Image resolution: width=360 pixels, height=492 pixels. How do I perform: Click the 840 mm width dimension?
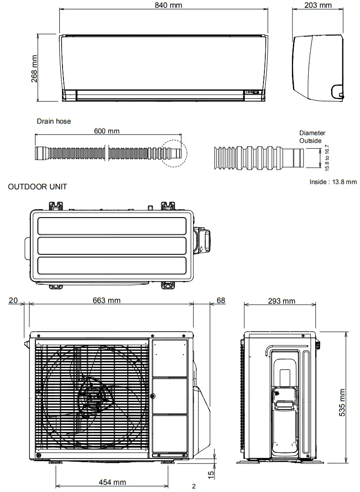(169, 5)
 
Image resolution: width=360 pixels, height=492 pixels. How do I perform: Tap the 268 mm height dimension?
(35, 69)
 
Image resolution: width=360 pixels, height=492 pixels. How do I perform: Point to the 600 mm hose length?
(107, 131)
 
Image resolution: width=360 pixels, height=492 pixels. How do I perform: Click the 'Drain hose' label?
(54, 121)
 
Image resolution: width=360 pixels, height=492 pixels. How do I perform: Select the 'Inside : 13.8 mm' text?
(333, 182)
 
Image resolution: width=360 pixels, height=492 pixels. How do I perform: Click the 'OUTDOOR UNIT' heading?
(38, 187)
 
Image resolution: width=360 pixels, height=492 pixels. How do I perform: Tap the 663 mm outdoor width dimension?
(107, 301)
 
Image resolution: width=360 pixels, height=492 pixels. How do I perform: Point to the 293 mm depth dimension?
(282, 301)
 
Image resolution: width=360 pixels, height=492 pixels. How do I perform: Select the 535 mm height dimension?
(342, 403)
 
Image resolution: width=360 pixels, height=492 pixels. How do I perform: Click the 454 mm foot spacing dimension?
(112, 482)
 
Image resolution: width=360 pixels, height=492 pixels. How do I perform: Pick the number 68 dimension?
(221, 301)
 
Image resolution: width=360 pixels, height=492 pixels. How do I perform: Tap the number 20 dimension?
(13, 301)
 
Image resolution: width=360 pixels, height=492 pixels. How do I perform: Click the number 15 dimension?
(211, 474)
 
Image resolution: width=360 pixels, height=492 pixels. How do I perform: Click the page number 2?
(194, 487)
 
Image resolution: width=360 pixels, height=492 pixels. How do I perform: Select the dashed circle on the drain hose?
(173, 153)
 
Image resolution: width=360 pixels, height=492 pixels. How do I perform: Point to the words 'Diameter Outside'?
(312, 137)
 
